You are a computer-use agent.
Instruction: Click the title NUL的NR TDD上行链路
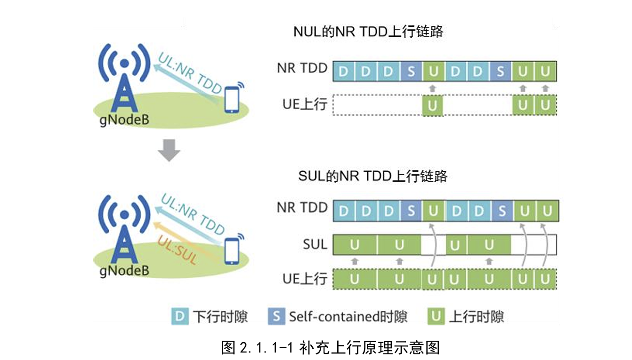pos(368,32)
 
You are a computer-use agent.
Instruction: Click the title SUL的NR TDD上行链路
pos(373,176)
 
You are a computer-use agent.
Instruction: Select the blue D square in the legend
pos(179,316)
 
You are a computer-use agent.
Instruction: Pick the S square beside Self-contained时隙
pos(276,316)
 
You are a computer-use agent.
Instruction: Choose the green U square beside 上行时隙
pos(437,316)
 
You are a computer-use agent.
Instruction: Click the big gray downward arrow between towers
pos(169,150)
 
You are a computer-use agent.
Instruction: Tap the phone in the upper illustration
pos(231,99)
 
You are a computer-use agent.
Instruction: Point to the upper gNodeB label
pos(124,120)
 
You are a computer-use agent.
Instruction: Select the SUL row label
pos(315,244)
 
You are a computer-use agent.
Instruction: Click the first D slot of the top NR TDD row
pos(344,72)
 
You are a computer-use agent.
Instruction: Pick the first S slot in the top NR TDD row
pos(411,72)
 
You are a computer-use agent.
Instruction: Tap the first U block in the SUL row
pos(355,245)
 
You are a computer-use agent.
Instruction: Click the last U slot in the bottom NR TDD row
pos(546,211)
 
